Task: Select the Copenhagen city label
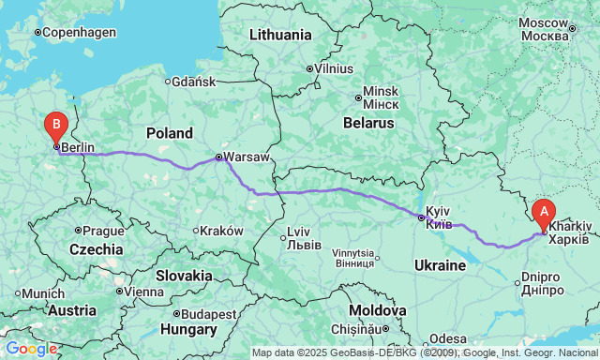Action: pyautogui.click(x=80, y=32)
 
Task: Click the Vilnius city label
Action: pyautogui.click(x=334, y=68)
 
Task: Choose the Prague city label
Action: pyautogui.click(x=103, y=231)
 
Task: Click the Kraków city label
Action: pyautogui.click(x=222, y=231)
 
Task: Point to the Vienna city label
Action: pyautogui.click(x=145, y=291)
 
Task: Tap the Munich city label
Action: pyautogui.click(x=44, y=293)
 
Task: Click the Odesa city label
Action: pyautogui.click(x=448, y=337)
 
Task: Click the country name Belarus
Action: pyautogui.click(x=367, y=123)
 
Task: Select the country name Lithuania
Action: pyautogui.click(x=280, y=35)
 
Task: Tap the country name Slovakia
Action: pyautogui.click(x=184, y=275)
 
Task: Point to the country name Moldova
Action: pyautogui.click(x=377, y=309)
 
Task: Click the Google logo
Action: pyautogui.click(x=31, y=349)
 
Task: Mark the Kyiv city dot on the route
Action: pyautogui.click(x=421, y=217)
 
